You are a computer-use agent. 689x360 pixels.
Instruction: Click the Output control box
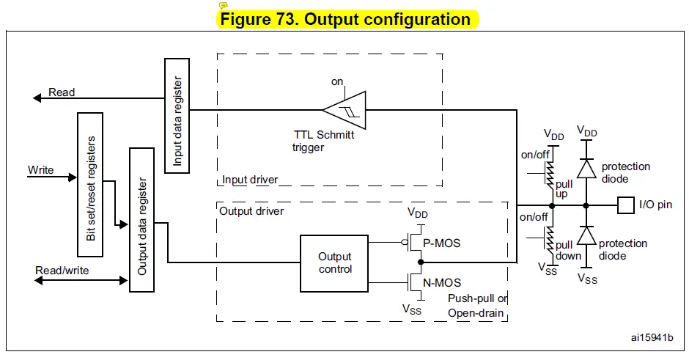click(x=334, y=262)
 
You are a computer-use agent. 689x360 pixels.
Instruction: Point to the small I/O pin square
click(x=624, y=205)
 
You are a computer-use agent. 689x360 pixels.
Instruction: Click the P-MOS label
click(x=442, y=243)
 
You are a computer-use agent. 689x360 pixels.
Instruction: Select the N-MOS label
click(x=443, y=282)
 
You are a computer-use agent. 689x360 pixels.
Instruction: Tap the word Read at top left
click(x=62, y=92)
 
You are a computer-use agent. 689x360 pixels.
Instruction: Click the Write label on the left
click(x=41, y=170)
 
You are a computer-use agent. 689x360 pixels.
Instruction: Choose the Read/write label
click(x=62, y=271)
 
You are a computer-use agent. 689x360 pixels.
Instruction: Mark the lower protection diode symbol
click(x=585, y=235)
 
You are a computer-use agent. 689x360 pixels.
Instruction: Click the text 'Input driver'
click(x=250, y=180)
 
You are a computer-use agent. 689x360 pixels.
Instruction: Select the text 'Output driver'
click(x=251, y=211)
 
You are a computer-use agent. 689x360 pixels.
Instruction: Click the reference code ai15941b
click(x=652, y=338)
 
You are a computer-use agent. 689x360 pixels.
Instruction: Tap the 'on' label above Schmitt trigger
click(x=336, y=81)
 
